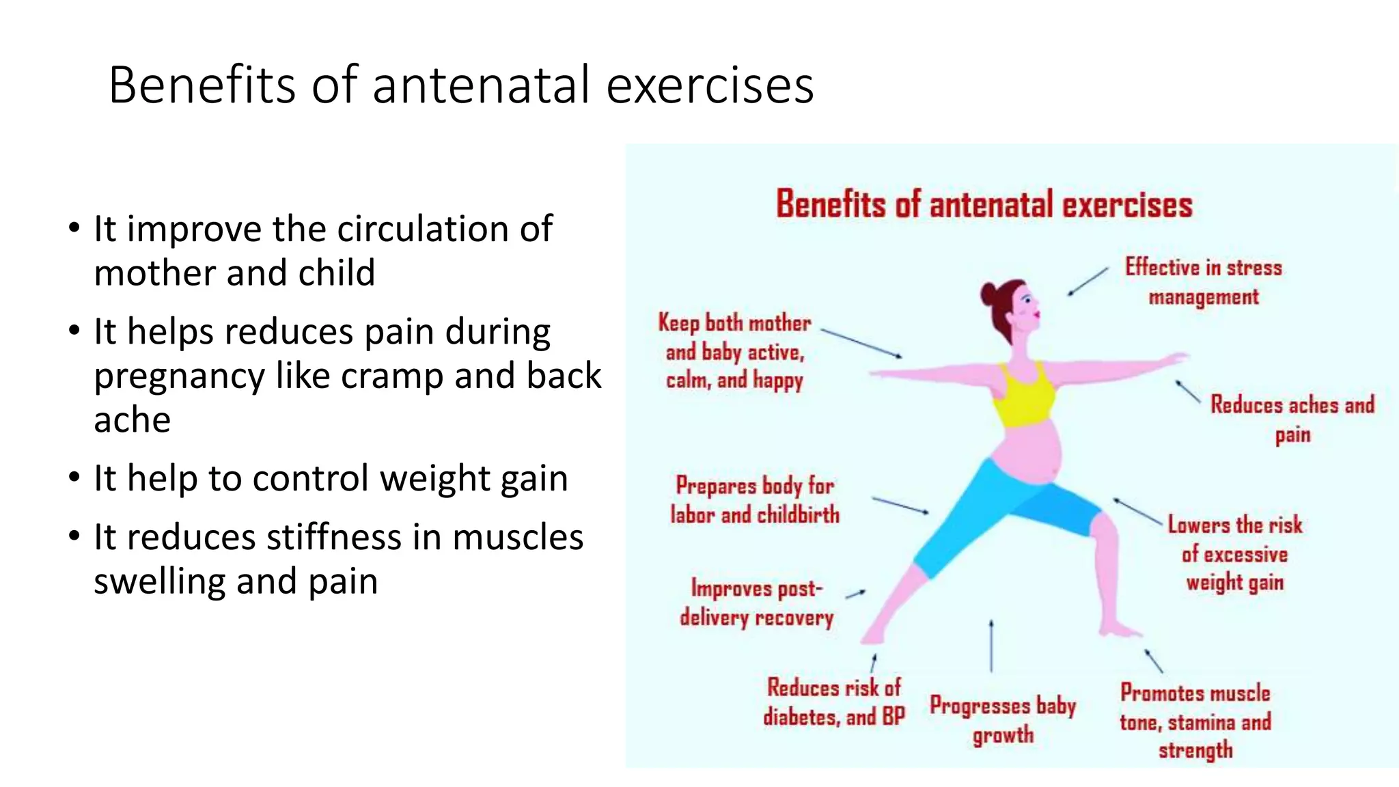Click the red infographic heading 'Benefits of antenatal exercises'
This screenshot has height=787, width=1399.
coord(984,204)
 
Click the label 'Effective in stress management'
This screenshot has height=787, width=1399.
coord(1203,281)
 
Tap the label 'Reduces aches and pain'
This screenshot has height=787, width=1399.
coord(1292,418)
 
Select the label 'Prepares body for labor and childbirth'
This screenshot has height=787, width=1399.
coord(754,499)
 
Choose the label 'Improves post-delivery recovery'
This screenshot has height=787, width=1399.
coord(756,603)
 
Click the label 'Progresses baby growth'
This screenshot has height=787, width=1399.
coord(1003,719)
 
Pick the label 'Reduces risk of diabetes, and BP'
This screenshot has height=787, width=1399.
coord(833,702)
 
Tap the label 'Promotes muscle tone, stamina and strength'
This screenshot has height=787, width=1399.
coord(1195,721)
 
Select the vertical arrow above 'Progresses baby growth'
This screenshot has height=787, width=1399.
coord(991,646)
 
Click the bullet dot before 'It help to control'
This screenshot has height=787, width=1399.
coord(74,478)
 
